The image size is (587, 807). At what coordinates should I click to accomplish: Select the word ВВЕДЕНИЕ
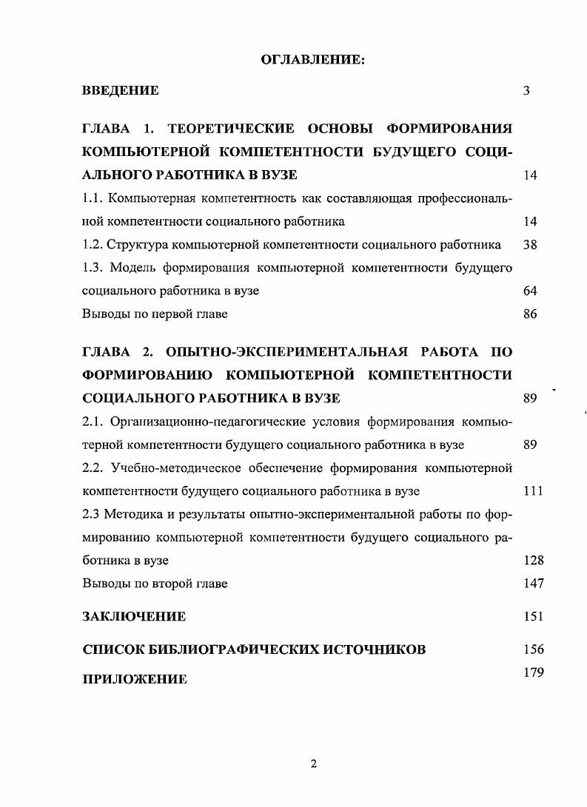click(x=120, y=91)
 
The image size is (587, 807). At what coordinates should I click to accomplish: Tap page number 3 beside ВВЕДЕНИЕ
click(x=526, y=91)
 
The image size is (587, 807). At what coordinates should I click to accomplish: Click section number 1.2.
click(x=93, y=245)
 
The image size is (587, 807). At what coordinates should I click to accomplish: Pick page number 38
click(x=529, y=245)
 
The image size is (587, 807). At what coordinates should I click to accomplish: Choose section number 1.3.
click(x=93, y=268)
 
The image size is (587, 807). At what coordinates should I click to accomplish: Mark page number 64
click(x=529, y=291)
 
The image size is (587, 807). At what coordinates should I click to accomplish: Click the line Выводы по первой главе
click(x=155, y=314)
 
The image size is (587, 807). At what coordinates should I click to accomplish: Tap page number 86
click(x=529, y=314)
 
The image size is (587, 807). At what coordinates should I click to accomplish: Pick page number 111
click(x=533, y=491)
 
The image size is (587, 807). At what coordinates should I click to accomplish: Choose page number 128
click(x=533, y=560)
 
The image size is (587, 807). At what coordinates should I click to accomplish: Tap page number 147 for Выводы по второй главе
click(x=533, y=583)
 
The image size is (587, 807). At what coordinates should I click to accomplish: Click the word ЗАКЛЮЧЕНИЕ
click(x=134, y=616)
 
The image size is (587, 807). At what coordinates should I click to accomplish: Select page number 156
click(x=533, y=649)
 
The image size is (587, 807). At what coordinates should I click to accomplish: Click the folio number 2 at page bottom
click(x=314, y=764)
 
